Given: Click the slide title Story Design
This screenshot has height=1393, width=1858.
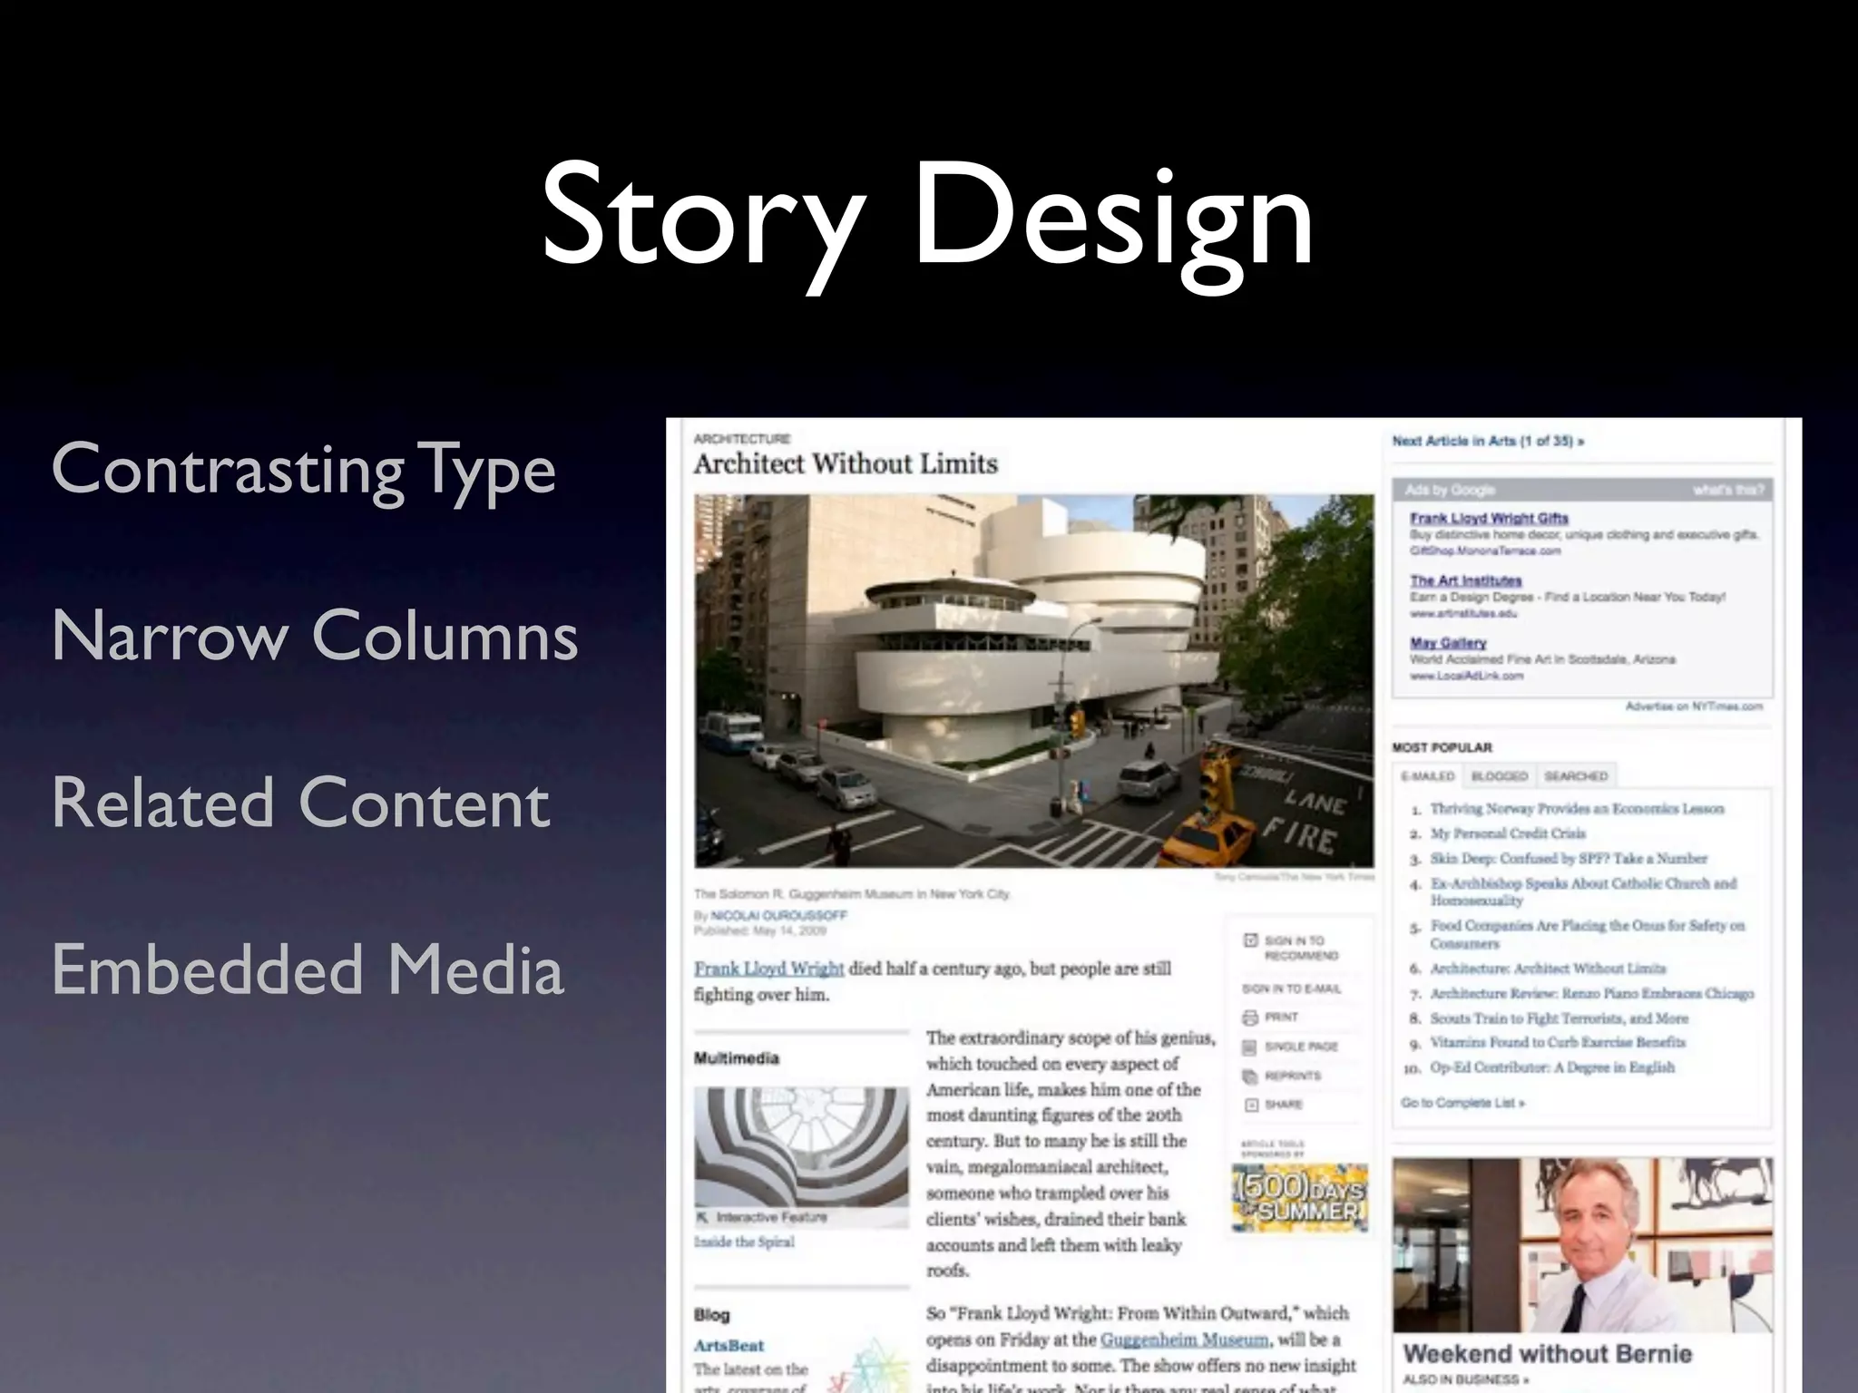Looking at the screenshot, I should (x=927, y=218).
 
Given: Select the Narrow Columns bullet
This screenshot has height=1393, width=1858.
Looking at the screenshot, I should (x=315, y=636).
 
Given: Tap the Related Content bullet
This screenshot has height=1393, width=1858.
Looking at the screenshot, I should (x=300, y=804).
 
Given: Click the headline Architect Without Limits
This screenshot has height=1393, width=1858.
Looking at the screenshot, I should (x=846, y=464).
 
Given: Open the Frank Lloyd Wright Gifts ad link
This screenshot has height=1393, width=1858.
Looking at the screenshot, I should (x=1489, y=518).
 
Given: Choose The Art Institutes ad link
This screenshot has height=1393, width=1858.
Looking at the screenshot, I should (x=1465, y=580).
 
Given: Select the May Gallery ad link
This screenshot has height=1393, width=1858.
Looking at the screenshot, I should (x=1448, y=643).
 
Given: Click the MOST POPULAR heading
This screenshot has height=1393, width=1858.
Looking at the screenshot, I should (x=1442, y=747).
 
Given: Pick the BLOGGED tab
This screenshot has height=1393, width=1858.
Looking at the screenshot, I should (x=1499, y=776).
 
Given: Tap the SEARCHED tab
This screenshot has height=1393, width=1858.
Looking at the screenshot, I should (x=1576, y=776).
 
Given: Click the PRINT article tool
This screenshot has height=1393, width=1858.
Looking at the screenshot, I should (x=1281, y=1018).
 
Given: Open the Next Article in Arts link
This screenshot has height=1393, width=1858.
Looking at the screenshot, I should (x=1488, y=442).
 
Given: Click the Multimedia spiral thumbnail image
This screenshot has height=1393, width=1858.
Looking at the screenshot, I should (x=801, y=1146).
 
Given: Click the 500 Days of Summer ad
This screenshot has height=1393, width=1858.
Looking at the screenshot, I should (x=1299, y=1197).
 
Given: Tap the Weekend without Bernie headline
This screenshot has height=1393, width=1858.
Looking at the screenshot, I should (x=1547, y=1354).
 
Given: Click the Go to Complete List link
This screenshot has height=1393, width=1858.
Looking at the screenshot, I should (x=1462, y=1103).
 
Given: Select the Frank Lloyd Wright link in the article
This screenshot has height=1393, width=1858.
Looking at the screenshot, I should (x=769, y=969).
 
